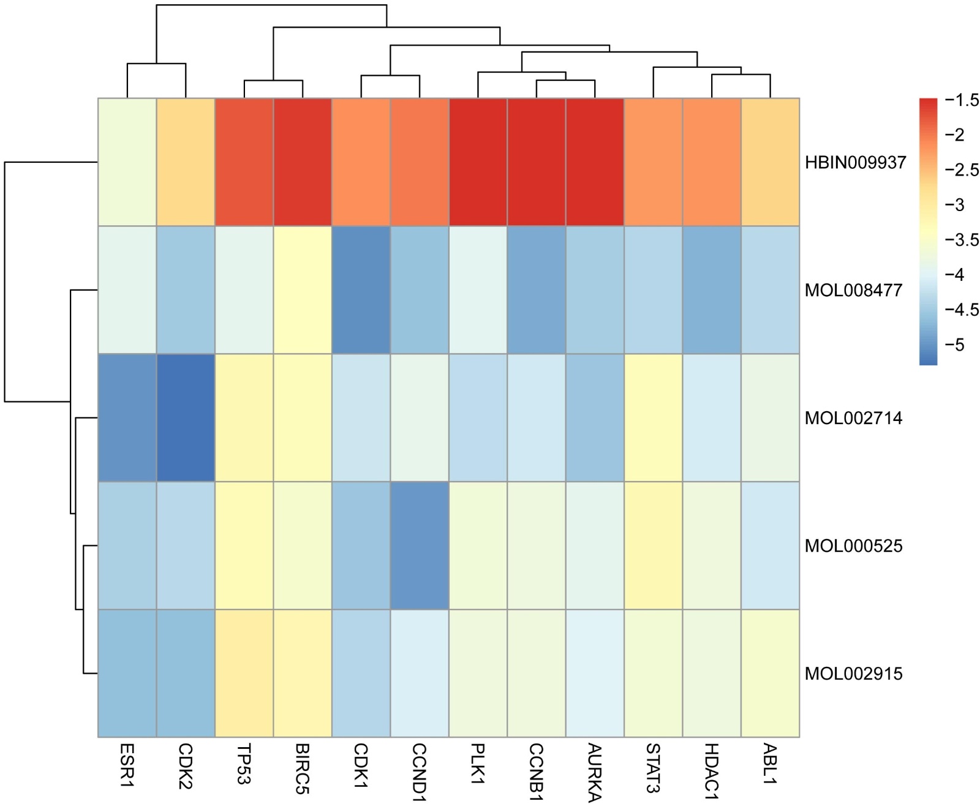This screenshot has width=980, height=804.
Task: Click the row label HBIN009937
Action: pos(855,163)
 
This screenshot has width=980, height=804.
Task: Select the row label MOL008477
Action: pos(853,290)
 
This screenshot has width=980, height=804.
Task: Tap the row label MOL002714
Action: pos(853,419)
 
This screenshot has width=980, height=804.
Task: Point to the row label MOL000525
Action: pos(853,546)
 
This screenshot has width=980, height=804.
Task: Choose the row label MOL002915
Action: pos(853,674)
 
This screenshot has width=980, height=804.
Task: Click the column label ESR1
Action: pos(127,765)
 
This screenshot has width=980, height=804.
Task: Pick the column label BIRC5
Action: pos(303,769)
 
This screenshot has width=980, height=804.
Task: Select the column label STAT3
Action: pos(654,768)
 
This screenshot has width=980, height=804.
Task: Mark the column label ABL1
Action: pos(770,764)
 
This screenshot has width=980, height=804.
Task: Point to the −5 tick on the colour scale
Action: pos(955,345)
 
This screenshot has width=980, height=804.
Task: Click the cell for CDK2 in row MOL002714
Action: pos(186,418)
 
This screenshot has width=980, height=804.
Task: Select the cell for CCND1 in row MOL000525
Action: pos(420,546)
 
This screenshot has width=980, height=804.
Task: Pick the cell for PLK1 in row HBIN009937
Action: pos(478,162)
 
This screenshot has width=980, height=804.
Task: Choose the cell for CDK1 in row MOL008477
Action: pos(361,290)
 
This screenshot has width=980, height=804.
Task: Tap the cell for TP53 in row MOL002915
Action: pos(244,674)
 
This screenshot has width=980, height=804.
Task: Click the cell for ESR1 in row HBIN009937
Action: pos(127,162)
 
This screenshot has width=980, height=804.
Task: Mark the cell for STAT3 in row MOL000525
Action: pos(654,546)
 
